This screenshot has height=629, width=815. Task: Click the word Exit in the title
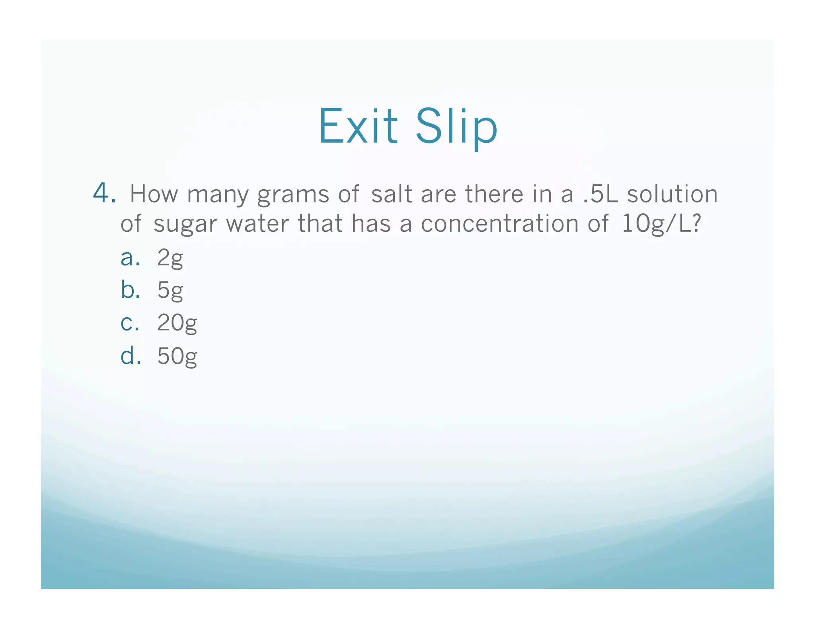click(358, 126)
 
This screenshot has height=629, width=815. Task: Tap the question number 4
click(104, 194)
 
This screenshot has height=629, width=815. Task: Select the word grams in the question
click(293, 195)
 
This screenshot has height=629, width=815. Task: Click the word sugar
click(185, 224)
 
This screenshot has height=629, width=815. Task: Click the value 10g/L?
click(661, 224)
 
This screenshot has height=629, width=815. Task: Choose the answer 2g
click(170, 258)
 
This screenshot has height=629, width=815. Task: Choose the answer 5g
click(170, 291)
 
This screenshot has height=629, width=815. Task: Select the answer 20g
click(177, 323)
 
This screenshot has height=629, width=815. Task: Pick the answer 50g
click(177, 356)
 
